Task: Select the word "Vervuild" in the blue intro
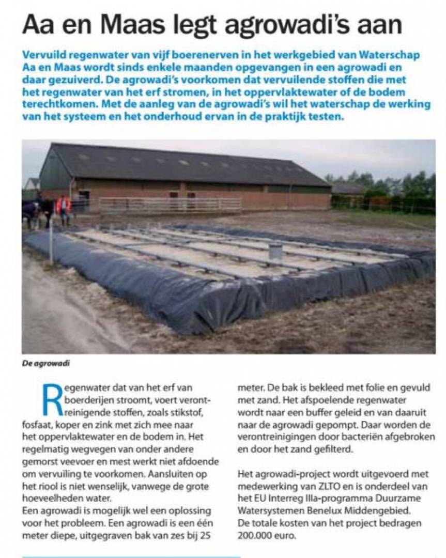pos(44,55)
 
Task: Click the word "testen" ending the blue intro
pos(327,117)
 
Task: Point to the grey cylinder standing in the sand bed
pos(275,251)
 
